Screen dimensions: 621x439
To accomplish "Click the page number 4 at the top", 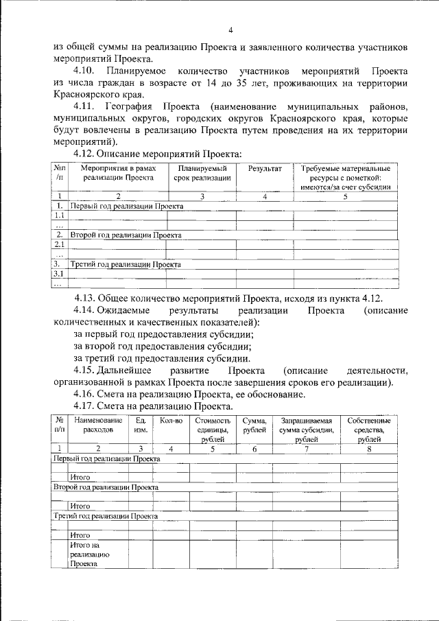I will click(x=230, y=30).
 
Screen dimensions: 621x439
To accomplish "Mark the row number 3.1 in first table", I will click(x=59, y=274).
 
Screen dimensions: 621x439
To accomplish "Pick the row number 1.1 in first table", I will click(x=59, y=215).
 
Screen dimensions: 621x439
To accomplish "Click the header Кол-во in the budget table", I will click(x=170, y=420).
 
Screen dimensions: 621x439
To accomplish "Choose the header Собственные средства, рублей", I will click(x=369, y=430).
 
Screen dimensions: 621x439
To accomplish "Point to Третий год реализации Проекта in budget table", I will click(x=106, y=515).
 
